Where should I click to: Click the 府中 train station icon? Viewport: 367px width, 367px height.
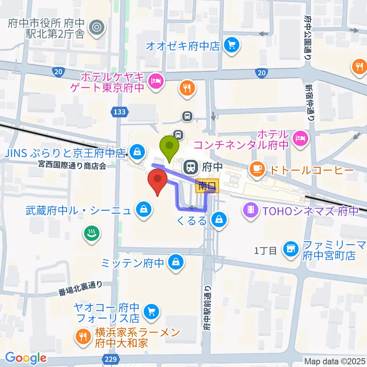click(190, 166)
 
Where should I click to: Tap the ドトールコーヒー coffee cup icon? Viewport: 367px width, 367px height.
click(255, 168)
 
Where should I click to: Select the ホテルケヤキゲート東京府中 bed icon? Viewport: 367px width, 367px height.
click(156, 81)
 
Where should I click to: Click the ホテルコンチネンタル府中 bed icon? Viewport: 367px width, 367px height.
click(300, 136)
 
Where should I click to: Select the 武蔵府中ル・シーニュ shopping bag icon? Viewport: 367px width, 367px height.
click(143, 209)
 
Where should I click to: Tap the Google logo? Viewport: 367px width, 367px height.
click(26, 358)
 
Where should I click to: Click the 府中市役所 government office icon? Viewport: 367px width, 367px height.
click(96, 27)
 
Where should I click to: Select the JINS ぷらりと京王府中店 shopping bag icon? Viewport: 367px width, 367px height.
click(136, 153)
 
